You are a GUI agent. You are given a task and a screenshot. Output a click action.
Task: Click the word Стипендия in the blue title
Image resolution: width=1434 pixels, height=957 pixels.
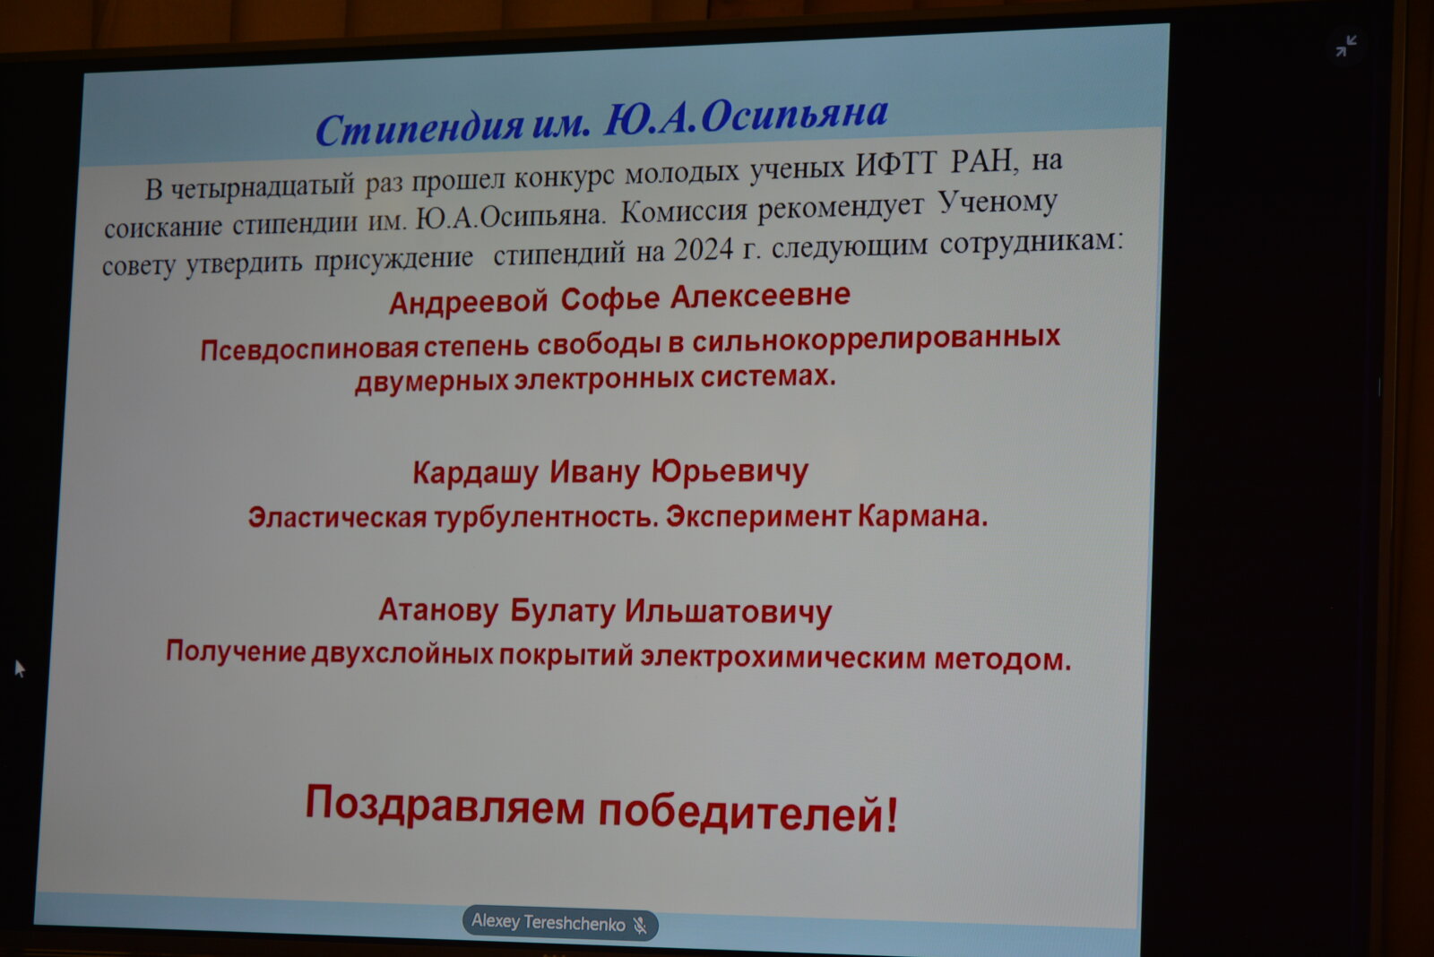pyautogui.click(x=420, y=127)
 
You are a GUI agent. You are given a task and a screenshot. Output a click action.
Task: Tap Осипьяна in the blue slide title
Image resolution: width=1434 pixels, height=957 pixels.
pyautogui.click(x=794, y=116)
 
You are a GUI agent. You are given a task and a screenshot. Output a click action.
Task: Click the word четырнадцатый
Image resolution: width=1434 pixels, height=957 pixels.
pyautogui.click(x=263, y=185)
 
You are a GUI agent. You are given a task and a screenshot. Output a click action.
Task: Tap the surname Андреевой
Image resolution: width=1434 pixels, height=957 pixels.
pyautogui.click(x=469, y=301)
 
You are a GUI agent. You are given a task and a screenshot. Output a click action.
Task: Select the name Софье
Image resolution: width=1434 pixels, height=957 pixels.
pyautogui.click(x=610, y=299)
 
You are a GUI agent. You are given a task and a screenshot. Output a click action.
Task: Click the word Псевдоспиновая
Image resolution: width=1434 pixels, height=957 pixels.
pyautogui.click(x=309, y=350)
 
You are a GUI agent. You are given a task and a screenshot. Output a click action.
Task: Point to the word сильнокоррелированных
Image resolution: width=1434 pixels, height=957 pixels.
pyautogui.click(x=877, y=339)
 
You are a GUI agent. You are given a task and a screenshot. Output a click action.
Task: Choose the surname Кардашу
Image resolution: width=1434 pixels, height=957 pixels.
pyautogui.click(x=475, y=474)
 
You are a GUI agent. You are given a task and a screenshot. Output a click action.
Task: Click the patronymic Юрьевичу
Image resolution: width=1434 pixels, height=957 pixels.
pyautogui.click(x=730, y=472)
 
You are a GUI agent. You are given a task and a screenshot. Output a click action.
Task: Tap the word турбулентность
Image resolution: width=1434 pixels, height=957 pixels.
pyautogui.click(x=547, y=517)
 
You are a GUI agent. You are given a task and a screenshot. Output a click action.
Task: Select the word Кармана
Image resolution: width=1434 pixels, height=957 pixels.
pyautogui.click(x=922, y=515)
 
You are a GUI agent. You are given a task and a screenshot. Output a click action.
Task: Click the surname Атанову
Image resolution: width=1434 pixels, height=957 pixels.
pyautogui.click(x=438, y=610)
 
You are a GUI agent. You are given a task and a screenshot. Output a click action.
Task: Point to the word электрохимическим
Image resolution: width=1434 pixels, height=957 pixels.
pyautogui.click(x=783, y=658)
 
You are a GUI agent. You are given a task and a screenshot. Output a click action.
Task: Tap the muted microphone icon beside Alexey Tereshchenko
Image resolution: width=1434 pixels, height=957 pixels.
pyautogui.click(x=640, y=926)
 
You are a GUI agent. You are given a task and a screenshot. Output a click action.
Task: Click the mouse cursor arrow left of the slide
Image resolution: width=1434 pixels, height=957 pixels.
pyautogui.click(x=19, y=669)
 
